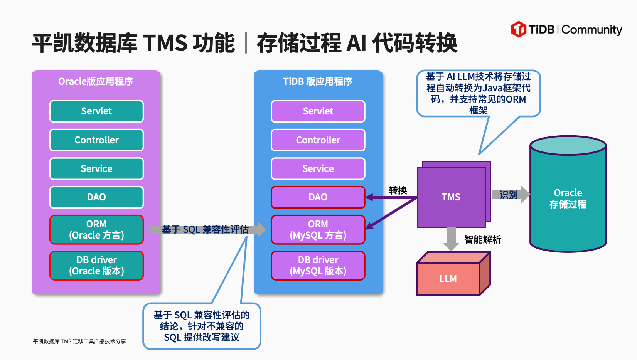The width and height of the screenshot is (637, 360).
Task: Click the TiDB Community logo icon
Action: pos(519,29)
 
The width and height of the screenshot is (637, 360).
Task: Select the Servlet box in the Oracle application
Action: pos(96,111)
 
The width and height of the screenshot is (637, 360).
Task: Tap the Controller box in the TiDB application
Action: pos(318,140)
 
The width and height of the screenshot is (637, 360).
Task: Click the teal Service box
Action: pos(96,168)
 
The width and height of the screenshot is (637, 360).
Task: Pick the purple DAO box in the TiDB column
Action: pos(318,197)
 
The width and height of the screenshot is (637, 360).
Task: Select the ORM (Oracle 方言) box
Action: pos(96,230)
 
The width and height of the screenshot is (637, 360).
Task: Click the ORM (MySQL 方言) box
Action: pos(318,230)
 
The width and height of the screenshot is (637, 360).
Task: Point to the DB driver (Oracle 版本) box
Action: pos(96,266)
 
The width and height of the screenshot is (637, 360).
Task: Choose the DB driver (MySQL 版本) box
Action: pos(318,266)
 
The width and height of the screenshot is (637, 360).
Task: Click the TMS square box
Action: pos(451,197)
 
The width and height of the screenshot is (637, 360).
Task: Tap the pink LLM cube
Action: pos(448,278)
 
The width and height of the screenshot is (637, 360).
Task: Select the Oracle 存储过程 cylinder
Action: pos(568,198)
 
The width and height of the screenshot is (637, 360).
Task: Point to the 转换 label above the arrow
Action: pos(398,190)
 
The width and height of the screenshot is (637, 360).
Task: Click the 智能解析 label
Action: pos(482,239)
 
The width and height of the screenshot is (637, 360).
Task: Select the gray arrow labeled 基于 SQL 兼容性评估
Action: pos(206,230)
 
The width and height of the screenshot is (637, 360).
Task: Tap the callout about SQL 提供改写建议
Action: pos(202,326)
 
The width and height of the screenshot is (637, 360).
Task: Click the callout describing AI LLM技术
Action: pos(478,93)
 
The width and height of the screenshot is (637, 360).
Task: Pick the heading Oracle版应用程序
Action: pos(96,81)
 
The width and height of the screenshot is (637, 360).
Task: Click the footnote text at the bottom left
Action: pos(79,341)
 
